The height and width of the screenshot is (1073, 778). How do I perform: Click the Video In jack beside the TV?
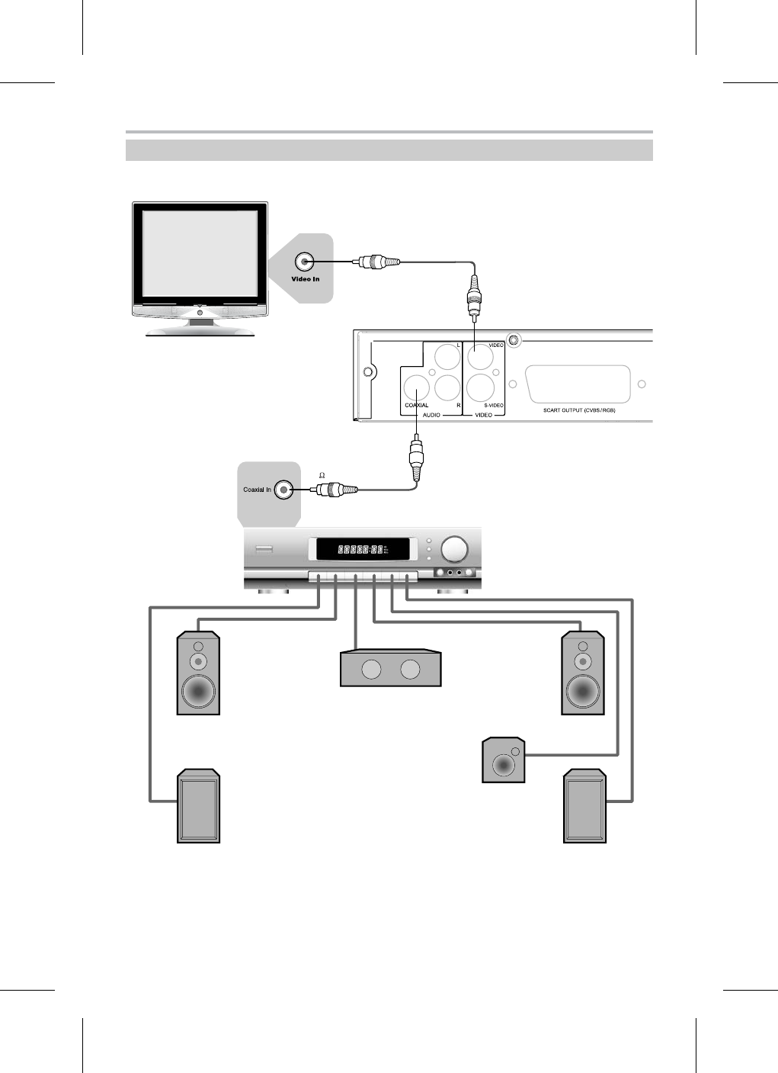pos(305,262)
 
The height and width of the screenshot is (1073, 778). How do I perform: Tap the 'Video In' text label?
pos(305,279)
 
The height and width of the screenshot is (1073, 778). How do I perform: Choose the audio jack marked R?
pos(447,388)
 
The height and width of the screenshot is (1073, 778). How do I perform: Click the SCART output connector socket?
pos(578,384)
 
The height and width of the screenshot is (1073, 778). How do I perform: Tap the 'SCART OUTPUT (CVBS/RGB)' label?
pos(578,410)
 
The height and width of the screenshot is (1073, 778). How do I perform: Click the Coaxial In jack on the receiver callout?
pos(283,489)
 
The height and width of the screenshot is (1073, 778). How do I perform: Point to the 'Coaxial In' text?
pos(257,490)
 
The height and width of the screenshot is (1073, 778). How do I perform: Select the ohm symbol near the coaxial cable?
pos(322,475)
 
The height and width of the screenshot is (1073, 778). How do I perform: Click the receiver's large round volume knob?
pos(456,549)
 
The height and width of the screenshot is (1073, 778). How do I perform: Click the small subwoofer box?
pos(504,760)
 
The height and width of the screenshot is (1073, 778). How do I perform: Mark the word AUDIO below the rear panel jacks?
pos(431,416)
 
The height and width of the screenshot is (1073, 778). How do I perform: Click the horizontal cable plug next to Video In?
pos(373,262)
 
